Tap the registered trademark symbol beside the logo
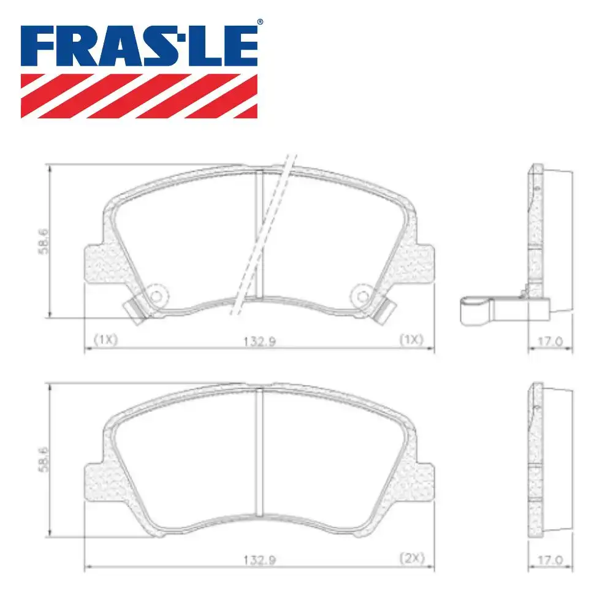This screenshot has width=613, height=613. click(x=260, y=22)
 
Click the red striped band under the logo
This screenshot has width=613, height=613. click(x=139, y=96)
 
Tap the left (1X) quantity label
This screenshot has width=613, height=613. click(x=105, y=339)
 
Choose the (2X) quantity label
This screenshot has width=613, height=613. click(x=411, y=559)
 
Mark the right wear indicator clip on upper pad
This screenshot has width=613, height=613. click(x=384, y=311)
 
